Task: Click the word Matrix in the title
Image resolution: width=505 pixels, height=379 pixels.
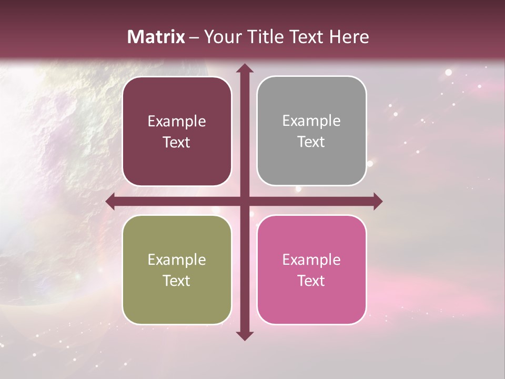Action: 156,37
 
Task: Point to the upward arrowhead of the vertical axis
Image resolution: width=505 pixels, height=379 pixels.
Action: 244,68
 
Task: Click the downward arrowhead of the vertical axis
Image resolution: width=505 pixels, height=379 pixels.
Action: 244,335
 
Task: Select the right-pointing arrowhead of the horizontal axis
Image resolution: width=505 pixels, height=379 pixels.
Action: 377,201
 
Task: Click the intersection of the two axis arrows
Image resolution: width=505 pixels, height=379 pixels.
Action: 244,201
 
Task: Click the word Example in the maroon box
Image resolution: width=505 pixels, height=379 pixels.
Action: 177,122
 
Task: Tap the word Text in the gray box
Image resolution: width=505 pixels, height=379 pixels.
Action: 311,142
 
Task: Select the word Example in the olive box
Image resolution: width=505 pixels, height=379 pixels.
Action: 177,260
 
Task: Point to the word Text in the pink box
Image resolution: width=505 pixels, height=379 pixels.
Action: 311,281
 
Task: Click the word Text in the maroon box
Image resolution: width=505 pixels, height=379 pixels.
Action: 177,143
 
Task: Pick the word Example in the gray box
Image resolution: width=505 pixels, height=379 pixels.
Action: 311,121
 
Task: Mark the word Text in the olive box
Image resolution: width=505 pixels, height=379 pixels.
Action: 177,281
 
